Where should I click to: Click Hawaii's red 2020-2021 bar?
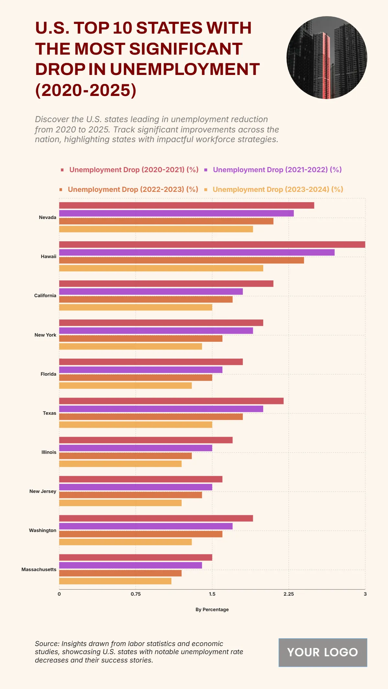click(x=212, y=245)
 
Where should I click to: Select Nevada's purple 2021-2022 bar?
click(x=176, y=213)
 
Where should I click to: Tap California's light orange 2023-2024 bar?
click(x=135, y=307)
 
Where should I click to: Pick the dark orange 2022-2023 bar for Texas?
click(x=151, y=417)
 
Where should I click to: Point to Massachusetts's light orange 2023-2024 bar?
click(x=115, y=581)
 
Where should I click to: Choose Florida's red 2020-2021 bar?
click(x=151, y=362)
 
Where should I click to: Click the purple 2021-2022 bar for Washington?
click(x=145, y=526)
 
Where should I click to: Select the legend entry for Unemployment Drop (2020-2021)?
click(x=134, y=170)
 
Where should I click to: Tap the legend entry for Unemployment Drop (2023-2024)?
click(x=277, y=190)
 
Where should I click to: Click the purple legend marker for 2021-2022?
click(x=206, y=170)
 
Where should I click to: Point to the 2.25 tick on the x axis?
click(x=289, y=594)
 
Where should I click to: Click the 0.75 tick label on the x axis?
click(x=136, y=594)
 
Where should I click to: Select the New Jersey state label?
click(x=43, y=491)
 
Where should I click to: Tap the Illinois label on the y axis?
click(x=49, y=452)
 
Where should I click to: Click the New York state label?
click(x=45, y=335)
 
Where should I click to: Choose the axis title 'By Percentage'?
click(x=212, y=610)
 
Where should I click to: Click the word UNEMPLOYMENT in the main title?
click(x=185, y=69)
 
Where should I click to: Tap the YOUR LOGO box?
click(x=323, y=652)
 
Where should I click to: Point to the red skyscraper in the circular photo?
click(x=322, y=65)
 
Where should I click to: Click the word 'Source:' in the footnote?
click(x=47, y=644)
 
